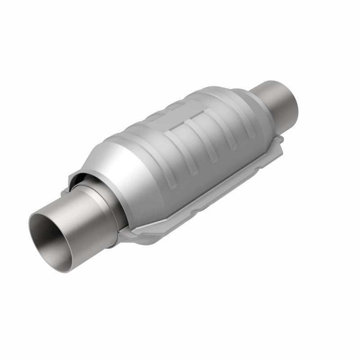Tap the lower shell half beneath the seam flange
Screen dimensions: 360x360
(x=189, y=211)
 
